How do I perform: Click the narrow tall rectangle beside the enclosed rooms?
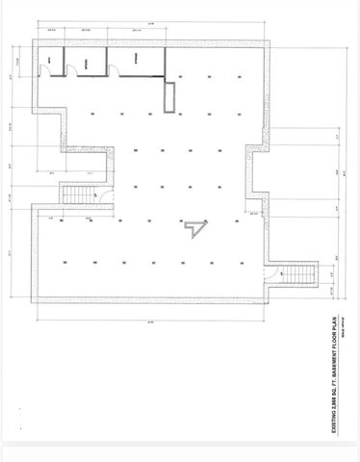[x=171, y=98]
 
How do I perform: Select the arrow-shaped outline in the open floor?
[x=196, y=226]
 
